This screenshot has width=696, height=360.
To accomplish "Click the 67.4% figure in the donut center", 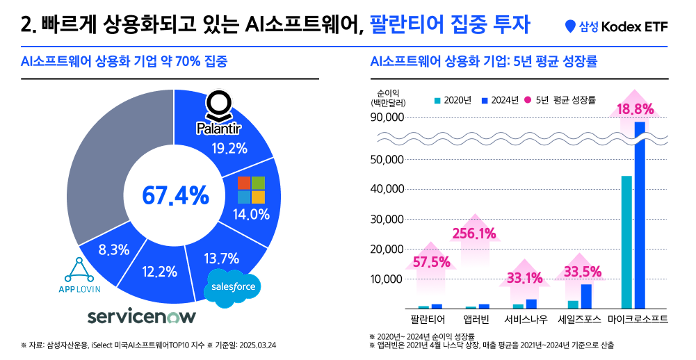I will point(175,195).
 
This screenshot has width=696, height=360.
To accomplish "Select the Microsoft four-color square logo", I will point(251,190).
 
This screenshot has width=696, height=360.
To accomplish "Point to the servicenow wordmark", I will point(142,317).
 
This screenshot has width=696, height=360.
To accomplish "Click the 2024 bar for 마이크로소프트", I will point(640,215).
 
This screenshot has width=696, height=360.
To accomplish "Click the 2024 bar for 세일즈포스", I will point(586,296).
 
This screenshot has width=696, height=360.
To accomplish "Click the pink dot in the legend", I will point(528,100).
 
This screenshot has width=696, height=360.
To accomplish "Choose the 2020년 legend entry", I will point(454,100).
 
